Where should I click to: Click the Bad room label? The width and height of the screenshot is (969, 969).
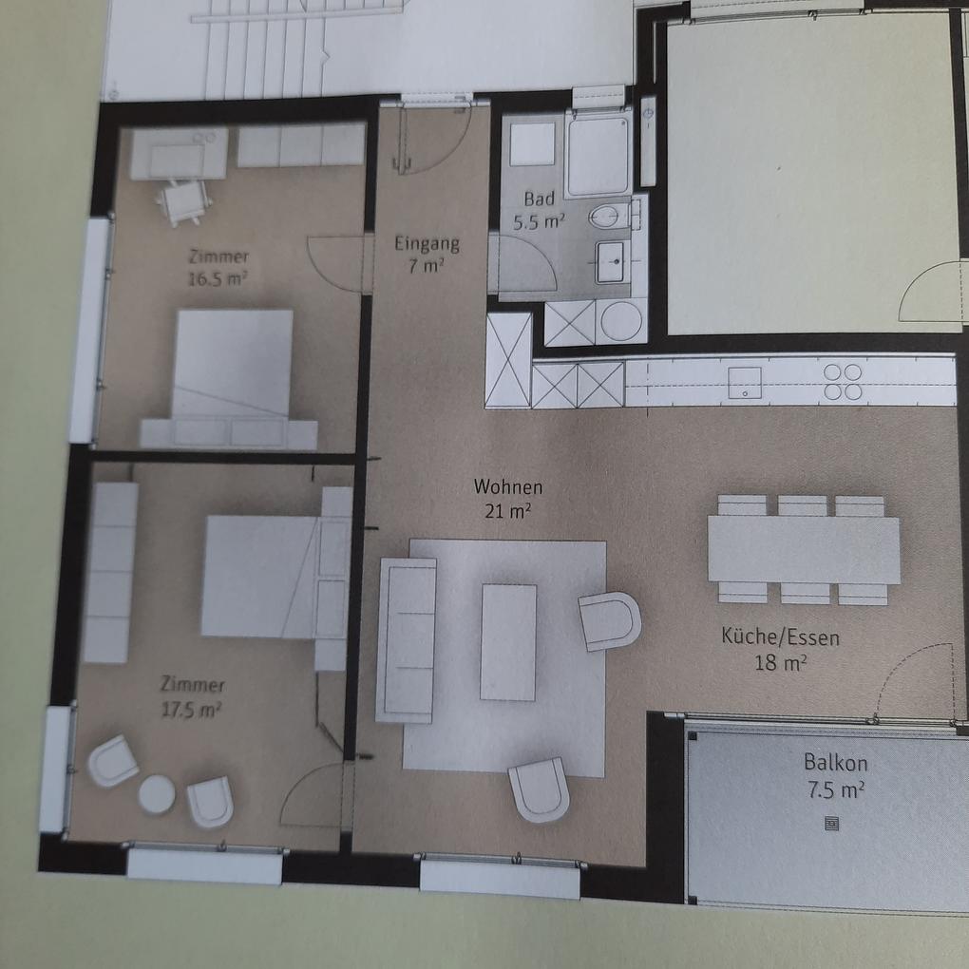point(539,199)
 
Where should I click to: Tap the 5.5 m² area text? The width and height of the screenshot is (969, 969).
point(539,222)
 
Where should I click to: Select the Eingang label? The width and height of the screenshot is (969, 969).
point(427,244)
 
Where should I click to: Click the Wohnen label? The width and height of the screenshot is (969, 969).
point(508,487)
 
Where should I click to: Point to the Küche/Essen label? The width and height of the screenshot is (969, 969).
point(781,636)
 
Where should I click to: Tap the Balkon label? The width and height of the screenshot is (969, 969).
point(835,763)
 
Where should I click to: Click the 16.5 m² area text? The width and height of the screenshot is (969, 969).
point(218,278)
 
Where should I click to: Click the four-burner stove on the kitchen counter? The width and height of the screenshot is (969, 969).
point(843,381)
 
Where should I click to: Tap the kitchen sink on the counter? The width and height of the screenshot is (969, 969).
point(745,383)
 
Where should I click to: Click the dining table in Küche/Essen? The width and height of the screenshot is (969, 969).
point(804,549)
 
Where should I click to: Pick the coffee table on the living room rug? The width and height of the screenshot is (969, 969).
point(508,642)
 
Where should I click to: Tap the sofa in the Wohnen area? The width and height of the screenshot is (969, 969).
point(406,639)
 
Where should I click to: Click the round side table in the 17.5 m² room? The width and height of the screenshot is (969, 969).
point(157,794)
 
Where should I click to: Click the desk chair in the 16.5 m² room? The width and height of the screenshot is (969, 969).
point(182,202)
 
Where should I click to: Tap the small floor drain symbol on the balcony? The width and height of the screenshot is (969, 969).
point(832,824)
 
